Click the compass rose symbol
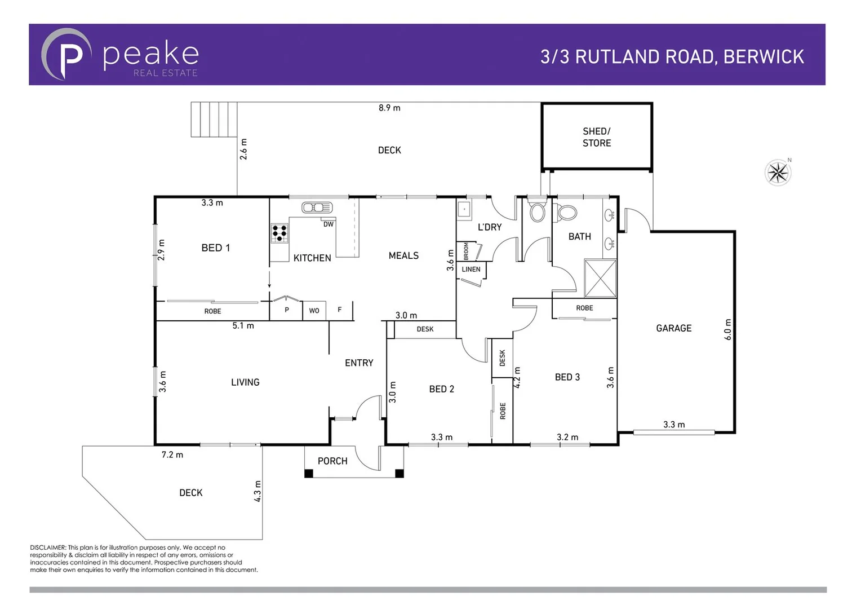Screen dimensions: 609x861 tap(778, 173)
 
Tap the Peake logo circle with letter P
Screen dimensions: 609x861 tap(66, 55)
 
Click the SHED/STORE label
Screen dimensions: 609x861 tap(596, 137)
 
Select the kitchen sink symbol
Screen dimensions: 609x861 tap(317, 208)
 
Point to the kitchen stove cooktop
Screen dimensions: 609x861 tap(279, 233)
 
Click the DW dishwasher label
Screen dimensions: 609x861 tap(329, 224)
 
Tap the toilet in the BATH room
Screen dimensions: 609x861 tap(566, 213)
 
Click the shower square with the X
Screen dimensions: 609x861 tap(600, 278)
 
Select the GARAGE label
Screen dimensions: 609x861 tap(673, 328)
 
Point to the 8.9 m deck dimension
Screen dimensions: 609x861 tap(389, 108)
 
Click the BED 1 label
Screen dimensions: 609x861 tap(215, 248)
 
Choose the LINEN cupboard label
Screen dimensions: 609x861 tap(471, 270)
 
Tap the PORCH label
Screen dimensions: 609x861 tap(332, 461)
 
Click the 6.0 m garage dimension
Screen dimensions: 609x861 tap(727, 329)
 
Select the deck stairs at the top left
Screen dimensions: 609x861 tap(214, 120)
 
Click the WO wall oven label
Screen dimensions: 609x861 tap(314, 311)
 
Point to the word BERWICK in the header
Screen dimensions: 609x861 tap(764, 57)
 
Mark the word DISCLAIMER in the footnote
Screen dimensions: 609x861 tap(48, 548)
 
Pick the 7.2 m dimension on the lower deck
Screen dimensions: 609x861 tap(172, 454)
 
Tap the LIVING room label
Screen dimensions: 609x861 tap(245, 382)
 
